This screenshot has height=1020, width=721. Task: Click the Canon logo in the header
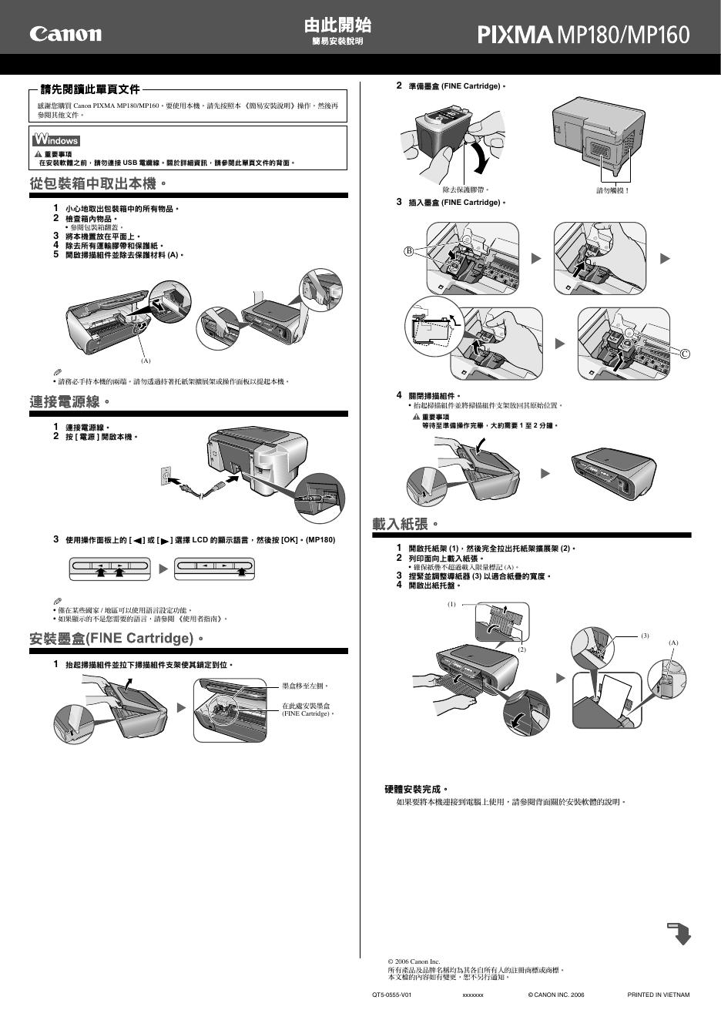pyautogui.click(x=65, y=34)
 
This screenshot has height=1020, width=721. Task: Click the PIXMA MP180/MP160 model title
pyautogui.click(x=583, y=35)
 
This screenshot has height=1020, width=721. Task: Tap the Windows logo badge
pyautogui.click(x=56, y=140)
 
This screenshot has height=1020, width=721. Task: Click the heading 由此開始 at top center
pyautogui.click(x=337, y=26)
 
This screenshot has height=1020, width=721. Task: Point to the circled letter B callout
pyautogui.click(x=409, y=251)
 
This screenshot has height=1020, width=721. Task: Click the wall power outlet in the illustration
pyautogui.click(x=165, y=476)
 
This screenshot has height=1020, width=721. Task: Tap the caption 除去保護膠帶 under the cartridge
pyautogui.click(x=465, y=190)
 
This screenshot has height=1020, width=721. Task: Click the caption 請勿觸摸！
pyautogui.click(x=613, y=190)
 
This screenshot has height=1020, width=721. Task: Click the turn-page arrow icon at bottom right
pyautogui.click(x=679, y=932)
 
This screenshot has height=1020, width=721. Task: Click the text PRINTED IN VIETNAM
pyautogui.click(x=659, y=995)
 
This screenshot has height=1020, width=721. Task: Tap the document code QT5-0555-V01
pyautogui.click(x=392, y=995)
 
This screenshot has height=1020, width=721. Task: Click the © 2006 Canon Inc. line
pyautogui.click(x=414, y=961)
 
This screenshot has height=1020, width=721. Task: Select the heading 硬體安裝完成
pyautogui.click(x=416, y=789)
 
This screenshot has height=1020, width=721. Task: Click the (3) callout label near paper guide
pyautogui.click(x=646, y=636)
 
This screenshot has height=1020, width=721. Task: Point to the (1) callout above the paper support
pyautogui.click(x=451, y=605)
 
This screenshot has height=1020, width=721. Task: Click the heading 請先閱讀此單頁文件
pyautogui.click(x=90, y=90)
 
